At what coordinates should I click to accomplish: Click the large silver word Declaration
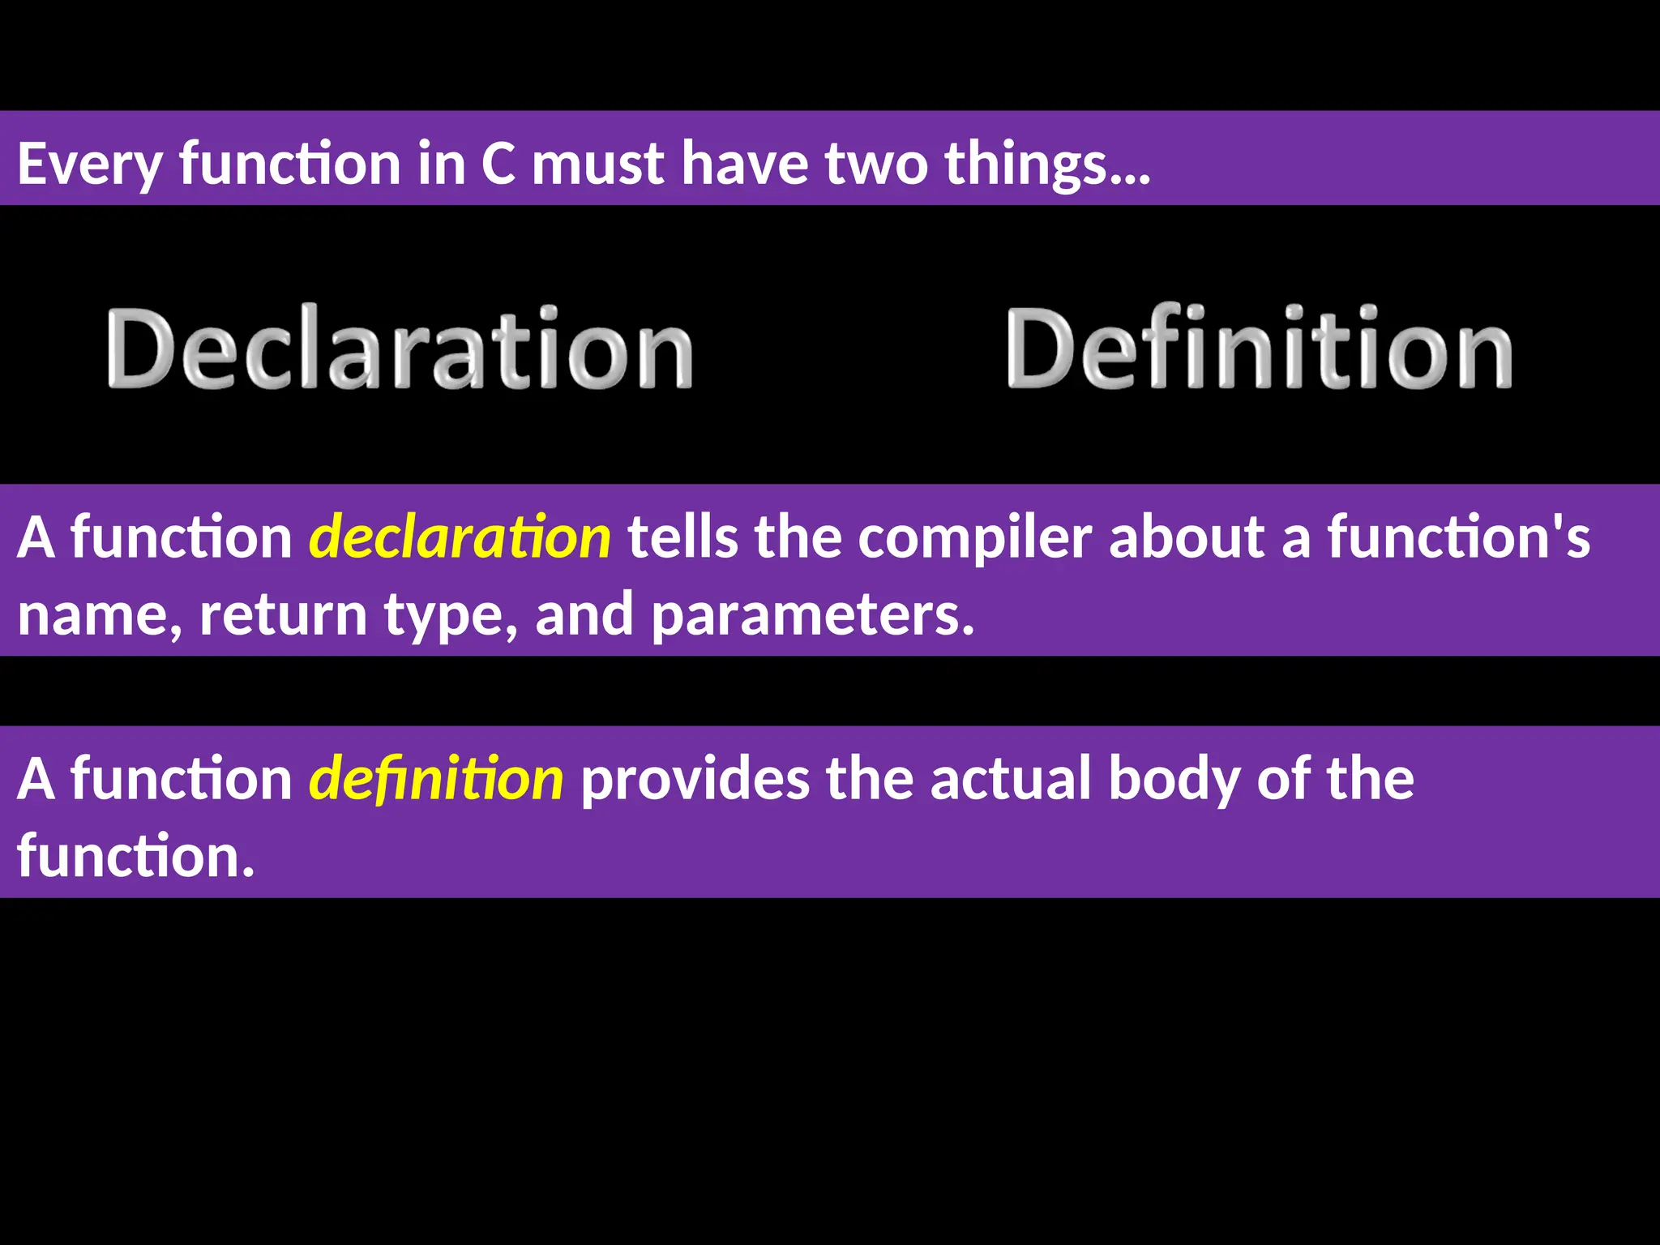pos(399,349)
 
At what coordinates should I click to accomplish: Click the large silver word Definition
pos(1259,349)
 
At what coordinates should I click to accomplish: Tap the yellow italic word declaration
pos(460,537)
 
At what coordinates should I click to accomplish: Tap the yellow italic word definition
pos(436,779)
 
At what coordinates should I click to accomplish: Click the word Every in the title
pos(89,165)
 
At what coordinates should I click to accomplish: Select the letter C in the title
pos(498,164)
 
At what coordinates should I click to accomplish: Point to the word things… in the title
pos(1047,165)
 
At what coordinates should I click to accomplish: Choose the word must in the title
pos(598,164)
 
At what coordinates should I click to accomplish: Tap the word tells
pos(682,537)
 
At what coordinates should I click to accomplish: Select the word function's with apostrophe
pos(1458,537)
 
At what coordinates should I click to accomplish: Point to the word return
pos(284,614)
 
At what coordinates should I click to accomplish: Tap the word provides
pos(695,779)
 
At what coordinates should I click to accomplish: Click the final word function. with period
pos(136,856)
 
